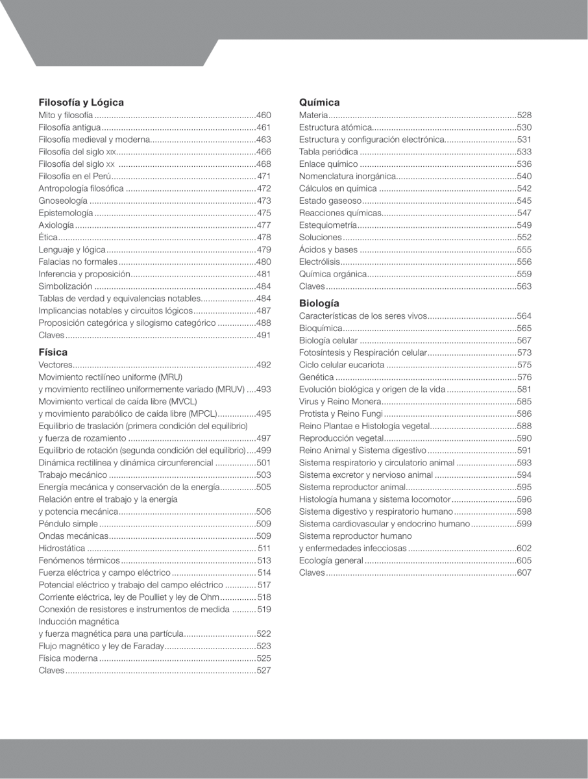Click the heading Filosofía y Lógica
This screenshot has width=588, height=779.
[81, 102]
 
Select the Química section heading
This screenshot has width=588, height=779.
[319, 102]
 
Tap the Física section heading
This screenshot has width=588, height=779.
[53, 352]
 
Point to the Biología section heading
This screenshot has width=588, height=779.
[319, 303]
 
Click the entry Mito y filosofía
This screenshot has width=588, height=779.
[66, 115]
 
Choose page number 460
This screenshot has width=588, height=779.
[263, 115]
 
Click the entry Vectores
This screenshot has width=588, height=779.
[56, 365]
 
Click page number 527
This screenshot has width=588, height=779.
[263, 670]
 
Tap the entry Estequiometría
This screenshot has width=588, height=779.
[328, 225]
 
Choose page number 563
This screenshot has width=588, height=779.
[524, 286]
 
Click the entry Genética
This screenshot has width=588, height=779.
[317, 377]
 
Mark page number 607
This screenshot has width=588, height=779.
[524, 573]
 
